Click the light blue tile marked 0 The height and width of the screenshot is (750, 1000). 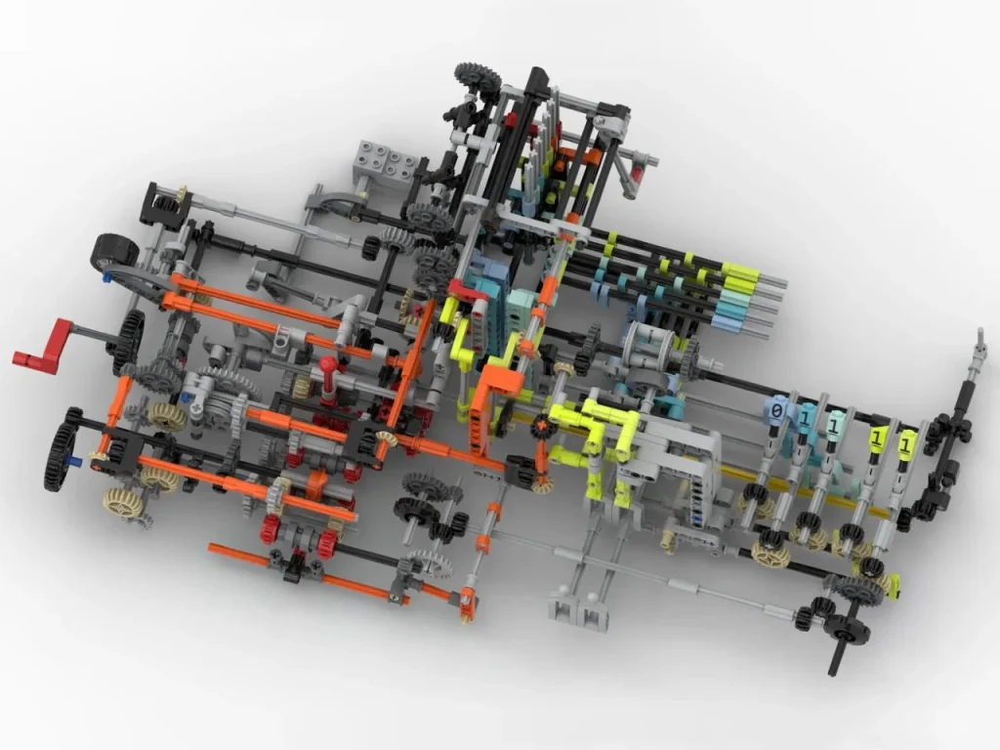click(777, 411)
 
